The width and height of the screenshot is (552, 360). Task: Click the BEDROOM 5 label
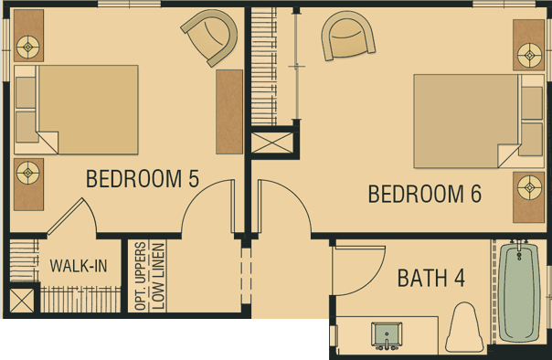click(143, 178)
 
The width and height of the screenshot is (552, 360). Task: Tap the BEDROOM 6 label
click(425, 194)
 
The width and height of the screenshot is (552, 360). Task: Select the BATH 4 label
click(431, 278)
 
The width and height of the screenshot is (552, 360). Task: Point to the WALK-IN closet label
click(79, 265)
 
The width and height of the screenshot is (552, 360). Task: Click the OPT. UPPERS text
click(141, 276)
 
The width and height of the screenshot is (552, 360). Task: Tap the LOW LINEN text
click(158, 277)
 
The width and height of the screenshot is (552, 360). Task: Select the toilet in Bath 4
click(464, 327)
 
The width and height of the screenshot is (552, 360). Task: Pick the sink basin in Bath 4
click(387, 334)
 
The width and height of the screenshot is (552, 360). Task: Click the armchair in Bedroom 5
click(210, 37)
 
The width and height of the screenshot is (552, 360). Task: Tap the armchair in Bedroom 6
click(346, 36)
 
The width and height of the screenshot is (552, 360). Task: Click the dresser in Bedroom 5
click(229, 111)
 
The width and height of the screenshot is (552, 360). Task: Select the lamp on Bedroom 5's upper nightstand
click(28, 47)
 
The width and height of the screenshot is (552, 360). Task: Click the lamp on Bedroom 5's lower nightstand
click(28, 173)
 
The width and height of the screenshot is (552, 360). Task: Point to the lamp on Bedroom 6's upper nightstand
click(530, 55)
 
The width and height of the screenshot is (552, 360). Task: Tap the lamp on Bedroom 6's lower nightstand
click(530, 187)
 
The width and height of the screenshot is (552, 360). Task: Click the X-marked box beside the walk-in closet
click(22, 301)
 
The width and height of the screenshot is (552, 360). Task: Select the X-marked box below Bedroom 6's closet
click(272, 143)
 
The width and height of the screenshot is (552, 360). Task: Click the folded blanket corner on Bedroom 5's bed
click(47, 143)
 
